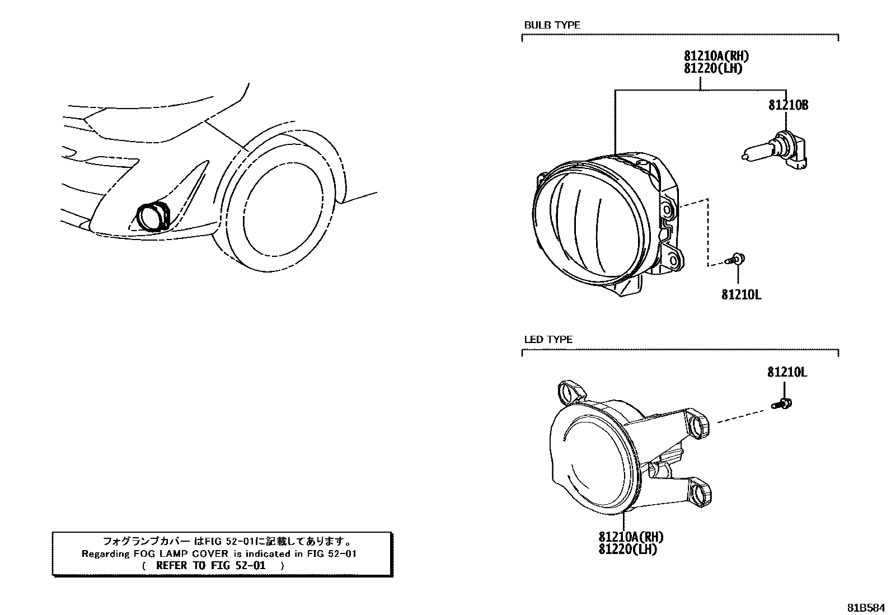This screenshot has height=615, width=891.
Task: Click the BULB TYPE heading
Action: (x=552, y=25)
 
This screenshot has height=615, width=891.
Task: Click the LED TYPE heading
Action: (x=548, y=340)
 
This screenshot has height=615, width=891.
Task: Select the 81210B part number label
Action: (x=788, y=105)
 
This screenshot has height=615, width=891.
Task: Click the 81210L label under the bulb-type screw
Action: (x=741, y=294)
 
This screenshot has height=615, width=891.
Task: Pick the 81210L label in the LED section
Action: (x=787, y=372)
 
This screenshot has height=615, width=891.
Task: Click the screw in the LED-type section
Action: (x=782, y=402)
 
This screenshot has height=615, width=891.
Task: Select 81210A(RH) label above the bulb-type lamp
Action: (x=716, y=56)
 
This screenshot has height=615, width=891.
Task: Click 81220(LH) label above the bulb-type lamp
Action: (x=712, y=68)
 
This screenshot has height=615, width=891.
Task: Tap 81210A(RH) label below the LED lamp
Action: (x=630, y=537)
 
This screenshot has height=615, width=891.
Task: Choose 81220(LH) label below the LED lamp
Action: (x=627, y=550)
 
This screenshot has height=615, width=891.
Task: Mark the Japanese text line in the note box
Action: (x=227, y=542)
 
